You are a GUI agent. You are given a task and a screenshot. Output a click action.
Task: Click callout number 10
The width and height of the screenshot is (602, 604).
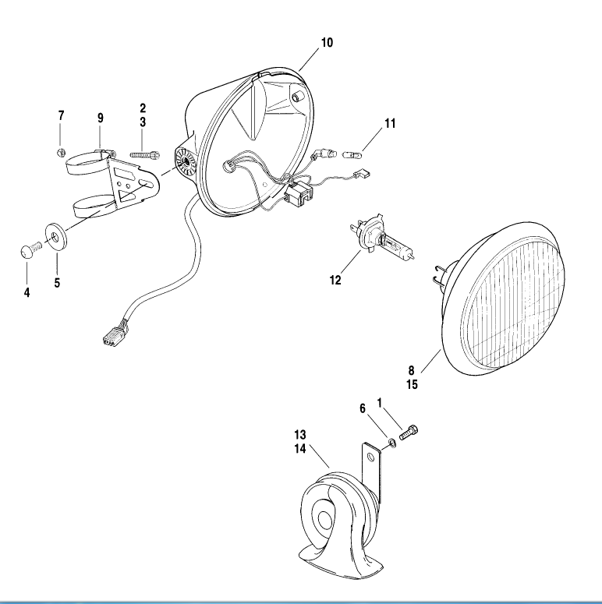[x=327, y=43]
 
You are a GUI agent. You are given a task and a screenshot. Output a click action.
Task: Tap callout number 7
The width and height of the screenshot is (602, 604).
[x=62, y=116]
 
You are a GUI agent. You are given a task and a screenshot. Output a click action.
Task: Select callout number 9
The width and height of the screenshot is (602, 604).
[x=101, y=118]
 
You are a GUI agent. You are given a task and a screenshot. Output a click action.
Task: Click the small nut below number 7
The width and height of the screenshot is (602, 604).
[x=62, y=151]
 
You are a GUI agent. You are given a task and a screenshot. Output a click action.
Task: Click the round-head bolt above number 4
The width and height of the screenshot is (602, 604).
[x=27, y=251]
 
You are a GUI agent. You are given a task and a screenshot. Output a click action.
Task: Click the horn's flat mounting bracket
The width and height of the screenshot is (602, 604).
[x=372, y=468]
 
